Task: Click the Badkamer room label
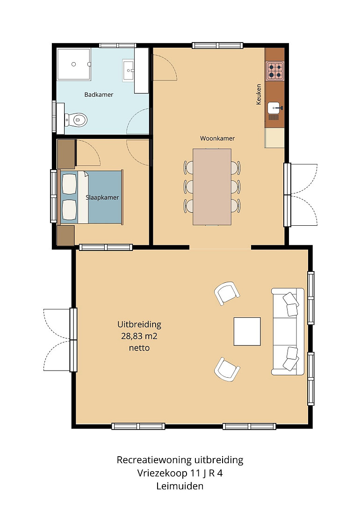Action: tap(99, 95)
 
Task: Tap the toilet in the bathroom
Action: tap(76, 120)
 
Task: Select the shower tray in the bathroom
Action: tap(74, 65)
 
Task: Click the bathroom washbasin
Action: tap(129, 70)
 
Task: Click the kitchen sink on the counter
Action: tap(274, 108)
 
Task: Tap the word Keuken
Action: tap(259, 94)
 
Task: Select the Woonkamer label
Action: tap(217, 139)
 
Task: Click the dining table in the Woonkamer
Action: tap(212, 187)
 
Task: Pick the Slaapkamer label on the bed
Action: tap(102, 197)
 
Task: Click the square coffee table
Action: tap(247, 331)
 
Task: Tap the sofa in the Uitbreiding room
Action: tap(288, 331)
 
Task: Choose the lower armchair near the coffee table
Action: tap(227, 369)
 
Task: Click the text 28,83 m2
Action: tap(139, 337)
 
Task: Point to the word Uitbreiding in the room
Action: tap(139, 324)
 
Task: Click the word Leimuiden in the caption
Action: tap(180, 486)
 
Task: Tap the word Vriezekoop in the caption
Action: tap(162, 473)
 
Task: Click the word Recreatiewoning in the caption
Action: tap(154, 460)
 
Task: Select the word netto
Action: tap(139, 348)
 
